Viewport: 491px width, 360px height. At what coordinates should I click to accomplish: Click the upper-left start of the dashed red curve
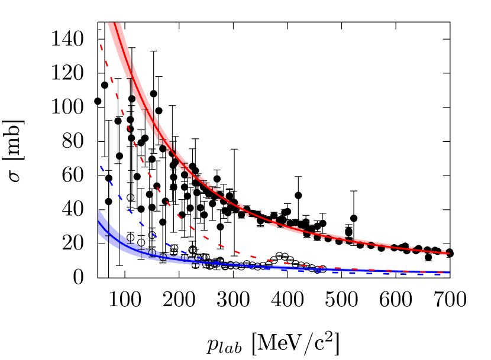coord(100,44)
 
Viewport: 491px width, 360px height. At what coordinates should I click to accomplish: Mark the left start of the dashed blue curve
coord(100,166)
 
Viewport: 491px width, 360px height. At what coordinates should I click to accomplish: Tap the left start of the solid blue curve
coord(98,220)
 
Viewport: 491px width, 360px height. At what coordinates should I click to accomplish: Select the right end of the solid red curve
coord(449,254)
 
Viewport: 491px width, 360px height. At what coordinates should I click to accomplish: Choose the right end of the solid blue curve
coord(449,273)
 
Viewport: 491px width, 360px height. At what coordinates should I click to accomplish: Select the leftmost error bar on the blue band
coord(108,235)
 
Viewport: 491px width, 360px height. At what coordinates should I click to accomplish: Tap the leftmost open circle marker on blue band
coord(152,253)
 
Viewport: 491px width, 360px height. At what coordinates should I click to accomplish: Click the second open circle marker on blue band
coord(163,257)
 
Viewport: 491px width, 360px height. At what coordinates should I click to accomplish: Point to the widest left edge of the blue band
coord(98,222)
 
